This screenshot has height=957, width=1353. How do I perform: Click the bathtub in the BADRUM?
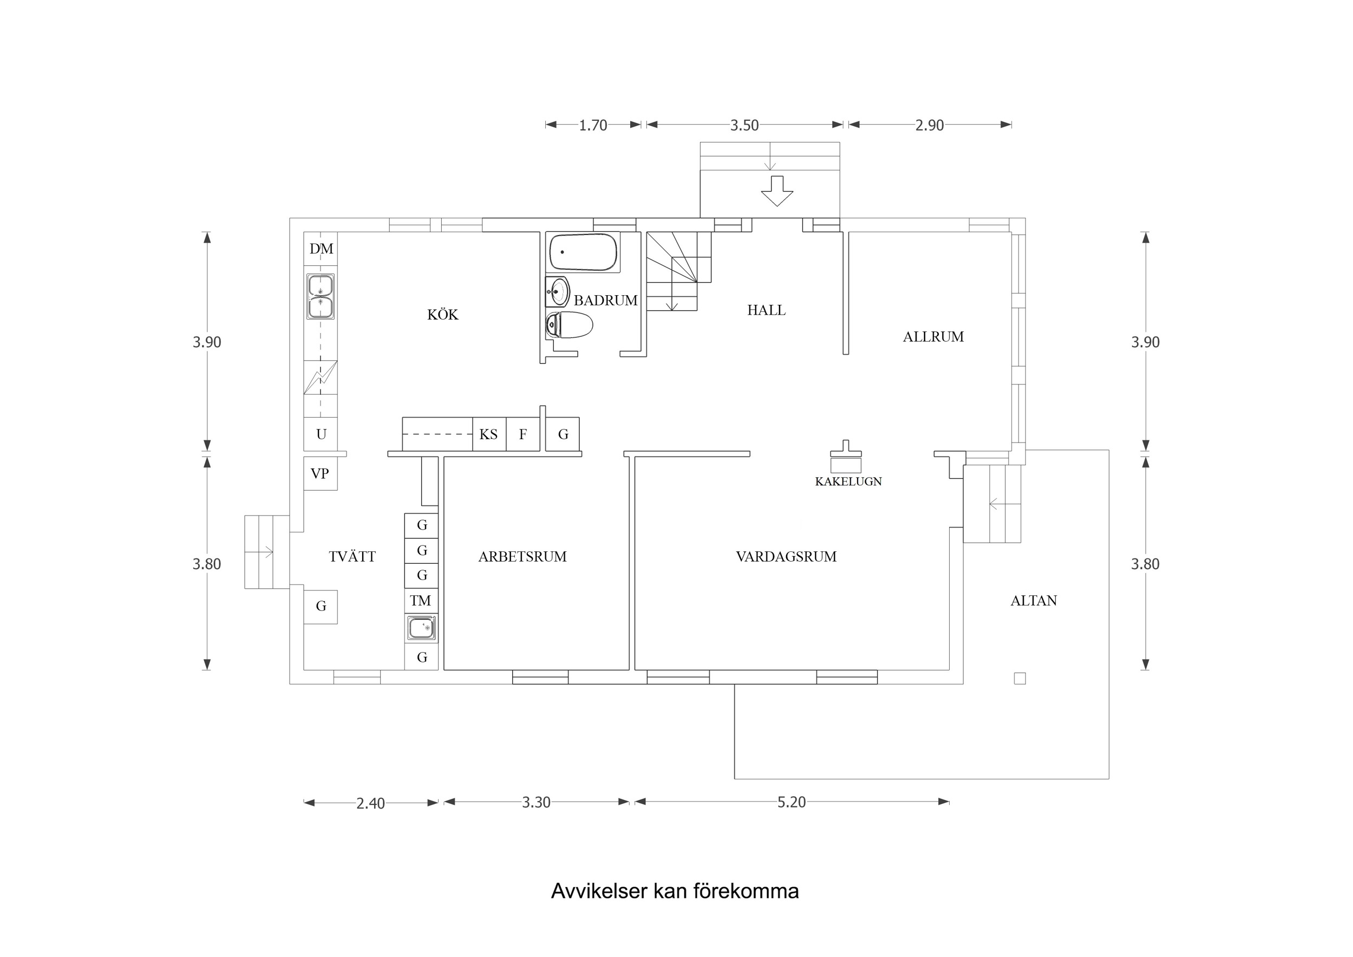584,252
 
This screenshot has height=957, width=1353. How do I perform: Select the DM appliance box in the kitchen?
321,249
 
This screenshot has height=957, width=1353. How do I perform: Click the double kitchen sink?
321,297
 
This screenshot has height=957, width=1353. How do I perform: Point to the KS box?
488,434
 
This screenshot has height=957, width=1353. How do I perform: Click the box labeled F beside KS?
522,434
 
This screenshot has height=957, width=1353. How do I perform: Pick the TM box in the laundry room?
421,601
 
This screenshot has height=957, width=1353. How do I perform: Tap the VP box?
320,473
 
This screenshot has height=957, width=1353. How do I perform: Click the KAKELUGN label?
848,481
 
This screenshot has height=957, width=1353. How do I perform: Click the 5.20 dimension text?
791,802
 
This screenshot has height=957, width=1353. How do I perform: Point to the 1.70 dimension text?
593,126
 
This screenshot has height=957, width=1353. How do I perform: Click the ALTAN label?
1034,601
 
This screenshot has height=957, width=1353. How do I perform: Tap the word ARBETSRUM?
522,557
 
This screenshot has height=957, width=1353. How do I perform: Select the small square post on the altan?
1020,679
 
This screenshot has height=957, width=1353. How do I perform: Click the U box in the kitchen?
321,434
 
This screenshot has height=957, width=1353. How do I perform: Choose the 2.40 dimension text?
370,804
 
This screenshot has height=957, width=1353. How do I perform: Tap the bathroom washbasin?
557,291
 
